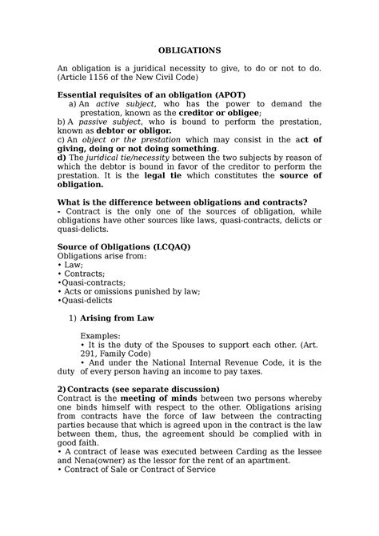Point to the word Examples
114,337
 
